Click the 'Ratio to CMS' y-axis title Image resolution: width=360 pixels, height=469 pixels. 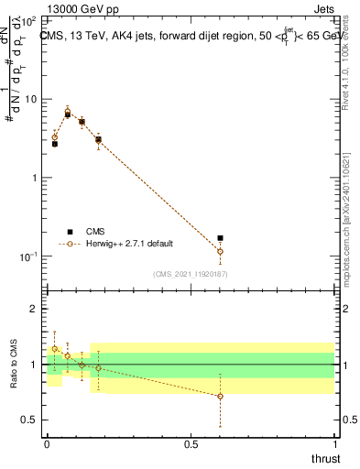(x=14, y=364)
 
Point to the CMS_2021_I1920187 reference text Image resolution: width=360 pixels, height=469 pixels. (x=191, y=273)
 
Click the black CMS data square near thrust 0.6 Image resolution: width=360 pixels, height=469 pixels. (x=220, y=238)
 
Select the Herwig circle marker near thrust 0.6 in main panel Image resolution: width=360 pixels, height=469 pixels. (x=220, y=251)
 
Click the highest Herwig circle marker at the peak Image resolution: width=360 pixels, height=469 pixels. (x=68, y=112)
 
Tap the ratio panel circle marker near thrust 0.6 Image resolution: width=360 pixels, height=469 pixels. (x=220, y=396)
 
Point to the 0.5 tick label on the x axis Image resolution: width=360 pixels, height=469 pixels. (x=191, y=443)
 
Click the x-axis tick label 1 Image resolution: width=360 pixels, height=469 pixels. (x=334, y=443)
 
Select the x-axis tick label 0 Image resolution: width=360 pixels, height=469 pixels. (x=47, y=443)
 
